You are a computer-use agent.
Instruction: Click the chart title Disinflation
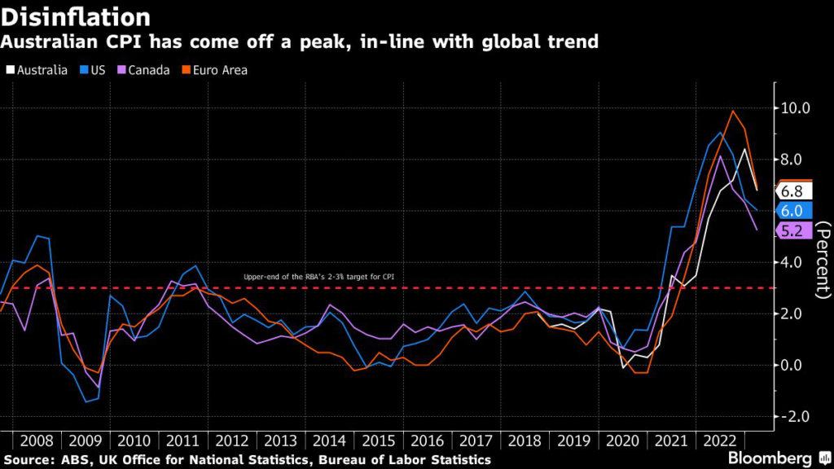[77, 16]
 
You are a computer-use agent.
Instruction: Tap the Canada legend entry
[143, 70]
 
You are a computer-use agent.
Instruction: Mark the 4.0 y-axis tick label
[794, 263]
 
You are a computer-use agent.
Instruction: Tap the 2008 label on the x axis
[37, 441]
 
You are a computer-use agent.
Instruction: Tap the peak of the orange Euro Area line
[732, 111]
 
